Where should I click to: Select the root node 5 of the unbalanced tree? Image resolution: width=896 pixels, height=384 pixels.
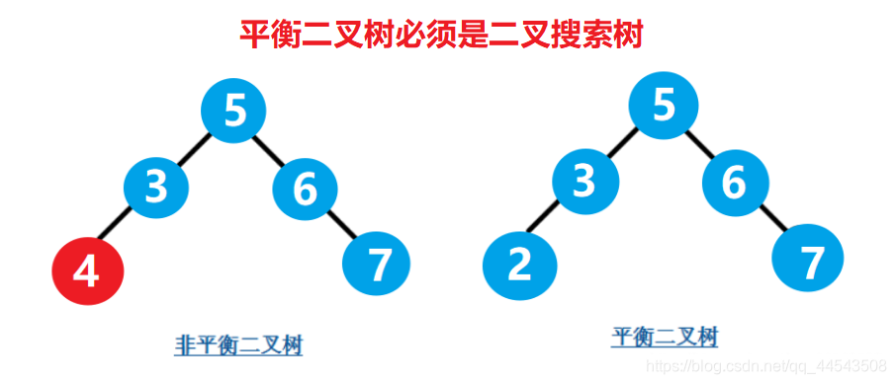click(234, 110)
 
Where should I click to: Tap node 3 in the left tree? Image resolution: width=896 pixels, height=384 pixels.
click(156, 186)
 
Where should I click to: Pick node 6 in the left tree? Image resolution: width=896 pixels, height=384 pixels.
click(305, 188)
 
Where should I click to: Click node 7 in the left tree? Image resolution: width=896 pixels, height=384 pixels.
click(376, 263)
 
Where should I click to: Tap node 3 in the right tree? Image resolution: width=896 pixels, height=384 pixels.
click(585, 181)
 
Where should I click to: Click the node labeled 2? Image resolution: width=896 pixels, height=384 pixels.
click(518, 265)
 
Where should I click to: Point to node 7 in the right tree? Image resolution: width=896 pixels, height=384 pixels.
click(810, 262)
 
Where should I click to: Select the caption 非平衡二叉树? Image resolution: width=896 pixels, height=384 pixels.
click(238, 346)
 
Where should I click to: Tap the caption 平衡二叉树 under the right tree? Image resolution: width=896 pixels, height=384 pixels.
click(665, 338)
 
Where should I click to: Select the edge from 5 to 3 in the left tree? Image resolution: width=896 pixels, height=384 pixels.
click(195, 148)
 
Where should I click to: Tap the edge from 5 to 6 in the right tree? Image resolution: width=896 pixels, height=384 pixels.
click(699, 145)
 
